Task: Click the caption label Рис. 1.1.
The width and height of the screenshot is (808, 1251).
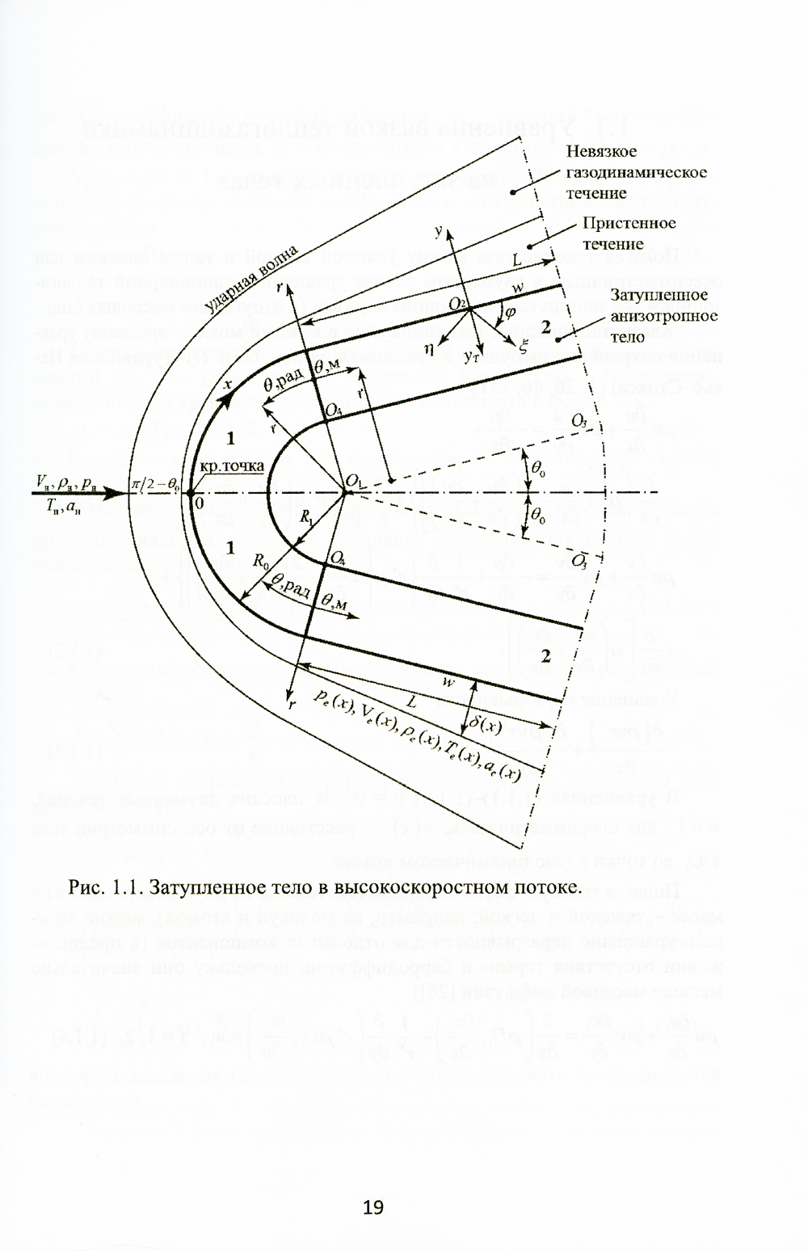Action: pyautogui.click(x=103, y=887)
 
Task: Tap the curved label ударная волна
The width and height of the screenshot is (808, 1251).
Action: pyautogui.click(x=251, y=278)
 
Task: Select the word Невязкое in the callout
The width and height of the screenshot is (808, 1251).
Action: pyautogui.click(x=601, y=151)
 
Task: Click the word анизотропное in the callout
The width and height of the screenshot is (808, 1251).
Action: pyautogui.click(x=663, y=315)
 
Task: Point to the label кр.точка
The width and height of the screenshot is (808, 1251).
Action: pyautogui.click(x=226, y=469)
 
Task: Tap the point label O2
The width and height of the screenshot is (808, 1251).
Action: pyautogui.click(x=460, y=303)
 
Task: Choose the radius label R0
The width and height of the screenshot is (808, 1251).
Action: pyautogui.click(x=261, y=559)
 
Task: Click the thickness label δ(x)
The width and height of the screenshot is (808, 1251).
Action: pyautogui.click(x=485, y=727)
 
